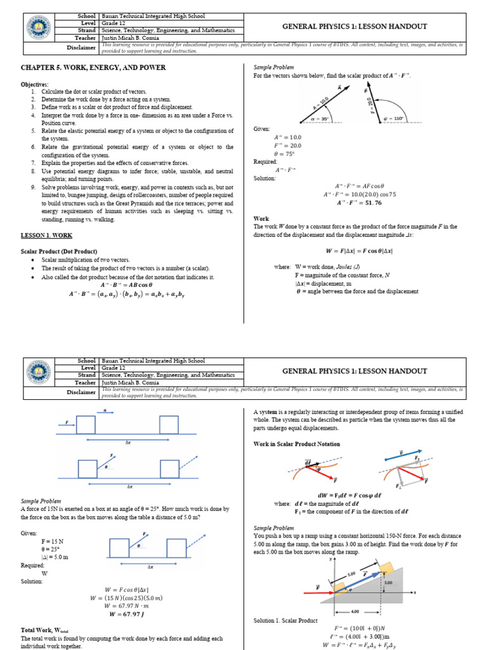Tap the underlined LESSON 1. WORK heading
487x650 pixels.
[46, 235]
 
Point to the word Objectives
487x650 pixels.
[34, 84]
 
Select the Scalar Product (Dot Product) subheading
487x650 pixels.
[59, 251]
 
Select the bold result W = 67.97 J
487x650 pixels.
[127, 614]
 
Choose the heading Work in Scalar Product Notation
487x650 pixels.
[297, 444]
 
